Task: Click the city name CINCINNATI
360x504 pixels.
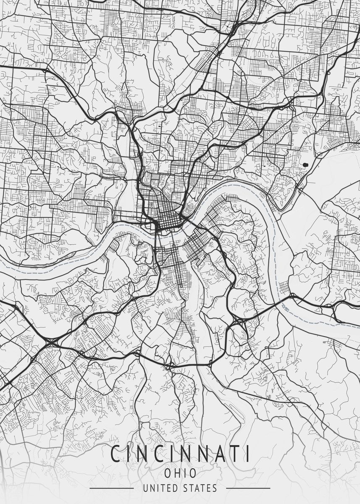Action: click(x=180, y=454)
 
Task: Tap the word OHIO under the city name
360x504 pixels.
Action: click(x=180, y=473)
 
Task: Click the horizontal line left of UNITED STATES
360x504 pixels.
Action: click(x=111, y=488)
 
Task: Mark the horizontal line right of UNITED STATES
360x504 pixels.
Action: click(x=248, y=488)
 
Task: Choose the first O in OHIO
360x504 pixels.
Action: click(x=168, y=473)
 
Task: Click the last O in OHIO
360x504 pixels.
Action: click(x=193, y=473)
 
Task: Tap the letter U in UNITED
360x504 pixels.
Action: click(x=145, y=488)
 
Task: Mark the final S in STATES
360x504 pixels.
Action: click(x=215, y=488)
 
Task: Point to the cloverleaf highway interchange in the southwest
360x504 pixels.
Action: click(x=51, y=343)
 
